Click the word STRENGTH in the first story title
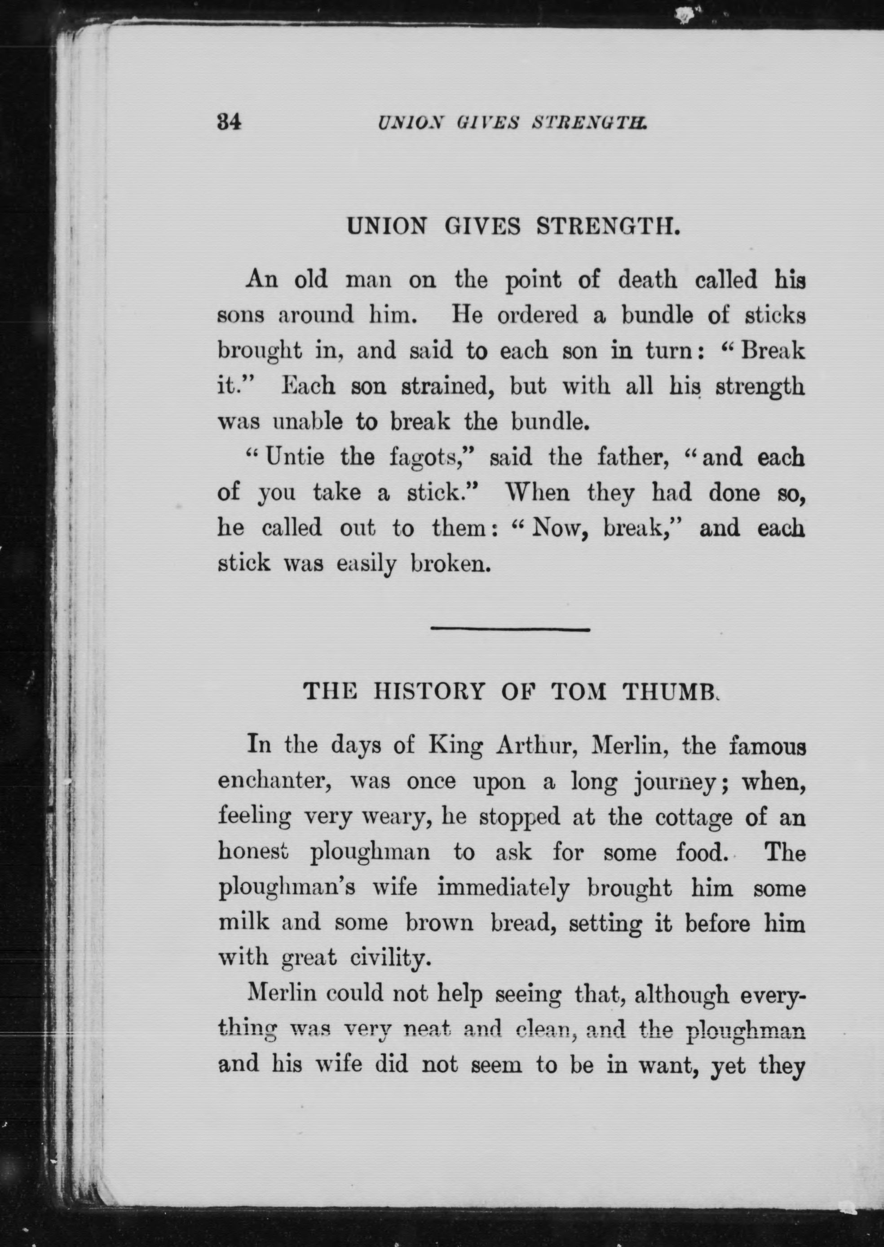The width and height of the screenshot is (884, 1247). [609, 226]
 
